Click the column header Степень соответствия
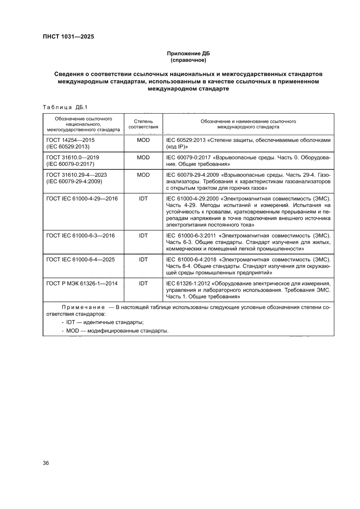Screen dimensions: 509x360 [143, 124]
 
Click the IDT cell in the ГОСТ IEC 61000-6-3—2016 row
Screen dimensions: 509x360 [143, 235]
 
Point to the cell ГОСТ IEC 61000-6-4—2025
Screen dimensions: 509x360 [81, 259]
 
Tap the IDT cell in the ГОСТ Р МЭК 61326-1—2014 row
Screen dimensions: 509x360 [143, 283]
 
